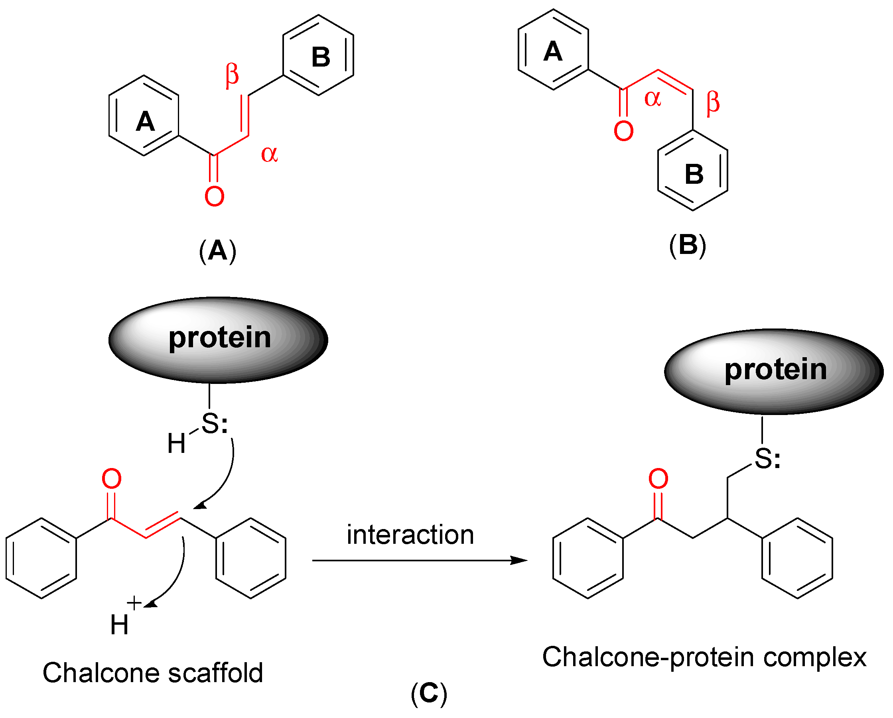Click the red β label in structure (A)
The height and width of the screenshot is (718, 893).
[x=232, y=75]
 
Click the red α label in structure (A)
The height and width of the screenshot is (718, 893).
[x=269, y=155]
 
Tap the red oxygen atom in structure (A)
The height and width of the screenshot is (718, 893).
[x=214, y=197]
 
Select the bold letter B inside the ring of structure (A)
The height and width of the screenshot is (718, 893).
[x=321, y=57]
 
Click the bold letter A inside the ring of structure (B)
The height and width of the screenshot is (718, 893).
[x=553, y=52]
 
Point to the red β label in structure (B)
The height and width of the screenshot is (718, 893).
[x=713, y=103]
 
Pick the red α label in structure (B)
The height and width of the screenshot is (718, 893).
[x=653, y=98]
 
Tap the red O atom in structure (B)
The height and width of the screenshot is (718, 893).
[x=623, y=131]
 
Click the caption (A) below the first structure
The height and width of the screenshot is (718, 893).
[x=217, y=251]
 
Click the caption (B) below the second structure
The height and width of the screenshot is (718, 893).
[x=688, y=245]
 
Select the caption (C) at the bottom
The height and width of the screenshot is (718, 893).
[x=429, y=693]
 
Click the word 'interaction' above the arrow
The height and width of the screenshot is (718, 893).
[x=410, y=535]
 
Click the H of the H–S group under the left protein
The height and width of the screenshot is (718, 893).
[x=176, y=443]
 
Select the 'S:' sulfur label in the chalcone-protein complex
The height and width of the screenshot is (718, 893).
[x=767, y=459]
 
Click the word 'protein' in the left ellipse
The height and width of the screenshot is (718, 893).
[x=219, y=338]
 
